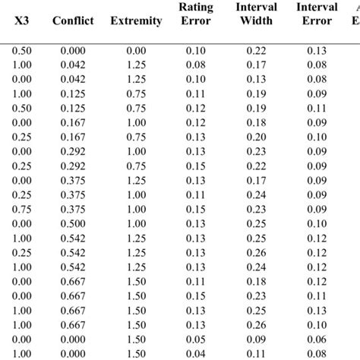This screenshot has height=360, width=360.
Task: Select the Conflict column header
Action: click(x=73, y=21)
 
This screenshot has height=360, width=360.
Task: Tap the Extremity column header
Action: click(x=136, y=21)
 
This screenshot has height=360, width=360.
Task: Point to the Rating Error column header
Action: click(x=196, y=14)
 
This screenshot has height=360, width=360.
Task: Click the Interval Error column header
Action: click(x=317, y=14)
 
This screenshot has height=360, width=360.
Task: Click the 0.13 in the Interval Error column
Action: click(x=317, y=49)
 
